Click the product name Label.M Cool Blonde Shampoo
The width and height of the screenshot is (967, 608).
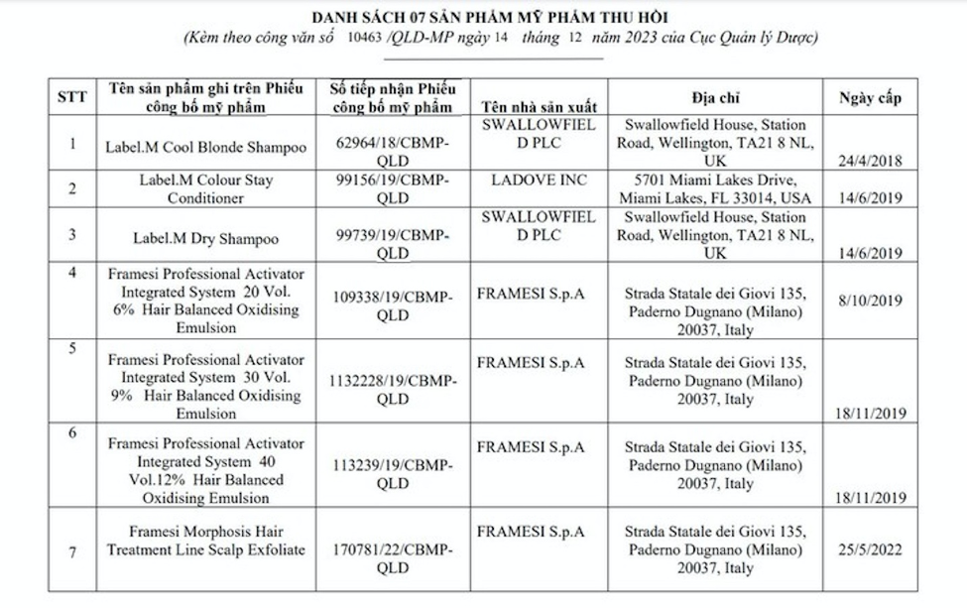tap(205, 147)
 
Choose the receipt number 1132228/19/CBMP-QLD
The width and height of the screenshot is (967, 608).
tap(393, 389)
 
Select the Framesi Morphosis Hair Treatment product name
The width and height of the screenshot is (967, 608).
tap(205, 541)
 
